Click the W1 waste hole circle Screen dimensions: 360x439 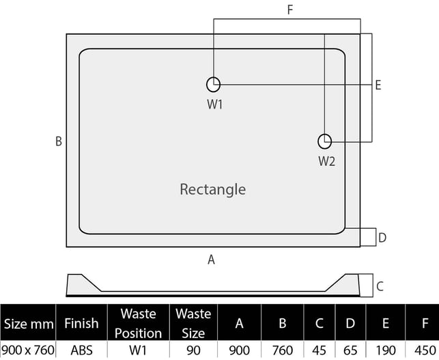click(x=214, y=84)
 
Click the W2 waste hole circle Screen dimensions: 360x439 click(x=326, y=141)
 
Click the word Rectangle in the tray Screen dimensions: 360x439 click(x=212, y=189)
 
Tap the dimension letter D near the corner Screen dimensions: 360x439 click(x=382, y=238)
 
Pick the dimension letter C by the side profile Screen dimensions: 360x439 click(x=380, y=286)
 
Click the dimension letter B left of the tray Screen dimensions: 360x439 click(x=59, y=141)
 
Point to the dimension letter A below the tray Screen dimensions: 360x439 click(x=212, y=259)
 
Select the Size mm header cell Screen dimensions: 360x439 click(x=27, y=323)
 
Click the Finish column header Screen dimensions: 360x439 click(x=81, y=323)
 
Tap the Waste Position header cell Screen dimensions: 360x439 click(x=138, y=323)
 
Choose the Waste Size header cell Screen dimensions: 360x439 click(x=193, y=323)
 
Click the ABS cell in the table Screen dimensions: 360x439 click(x=81, y=350)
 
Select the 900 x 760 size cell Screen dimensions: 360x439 click(x=27, y=350)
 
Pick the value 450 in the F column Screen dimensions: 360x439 click(x=416, y=350)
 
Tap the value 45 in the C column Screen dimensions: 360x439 click(x=319, y=350)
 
